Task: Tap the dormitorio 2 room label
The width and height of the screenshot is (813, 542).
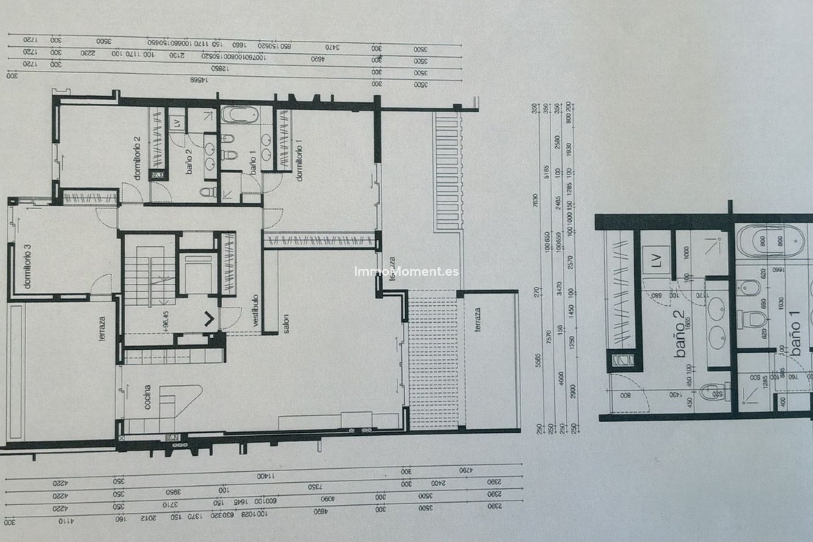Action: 136,158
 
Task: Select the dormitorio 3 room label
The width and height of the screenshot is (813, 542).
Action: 28,269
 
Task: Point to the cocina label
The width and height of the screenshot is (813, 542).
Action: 147,397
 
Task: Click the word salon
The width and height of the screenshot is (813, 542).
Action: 286,324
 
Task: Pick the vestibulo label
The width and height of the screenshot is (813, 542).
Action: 255,311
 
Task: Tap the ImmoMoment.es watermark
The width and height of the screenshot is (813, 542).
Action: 406,271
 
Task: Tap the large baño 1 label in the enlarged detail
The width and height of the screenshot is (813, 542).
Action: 796,339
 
